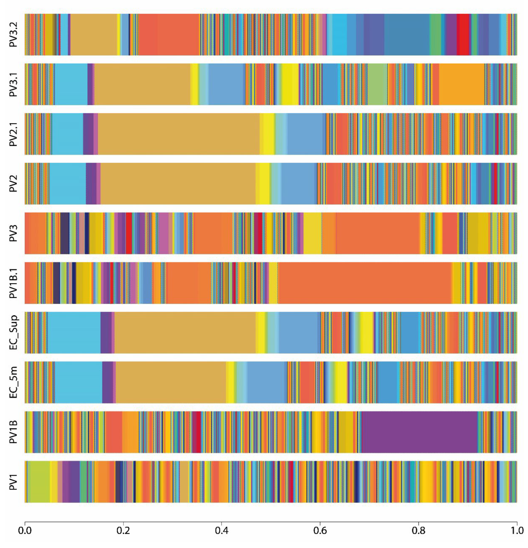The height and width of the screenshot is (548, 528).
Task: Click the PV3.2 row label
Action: coord(13,35)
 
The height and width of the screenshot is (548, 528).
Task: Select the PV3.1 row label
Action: coord(13,84)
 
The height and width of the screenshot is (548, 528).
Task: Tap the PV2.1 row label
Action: coord(13,134)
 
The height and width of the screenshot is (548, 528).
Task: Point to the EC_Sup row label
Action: coord(13,332)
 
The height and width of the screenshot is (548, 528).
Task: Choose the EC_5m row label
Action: coord(13,382)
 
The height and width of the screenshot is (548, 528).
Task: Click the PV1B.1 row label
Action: coord(13,283)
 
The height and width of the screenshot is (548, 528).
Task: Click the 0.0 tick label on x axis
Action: coord(25,530)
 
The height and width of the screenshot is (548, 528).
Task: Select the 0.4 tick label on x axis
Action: coord(221,530)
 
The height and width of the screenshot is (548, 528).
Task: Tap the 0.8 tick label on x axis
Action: coord(418,530)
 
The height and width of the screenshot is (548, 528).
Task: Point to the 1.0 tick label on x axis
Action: coord(517,530)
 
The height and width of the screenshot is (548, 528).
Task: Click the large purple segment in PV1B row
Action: coord(419,432)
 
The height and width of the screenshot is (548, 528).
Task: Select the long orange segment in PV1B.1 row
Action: coord(363,283)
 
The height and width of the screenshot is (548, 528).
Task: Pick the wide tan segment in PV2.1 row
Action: coord(179,134)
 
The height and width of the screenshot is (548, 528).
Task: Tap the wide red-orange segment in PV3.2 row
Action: coord(169,35)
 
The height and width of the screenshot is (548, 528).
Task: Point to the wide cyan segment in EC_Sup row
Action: coord(74,332)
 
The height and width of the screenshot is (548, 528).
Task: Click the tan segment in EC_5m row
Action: coord(170,382)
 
